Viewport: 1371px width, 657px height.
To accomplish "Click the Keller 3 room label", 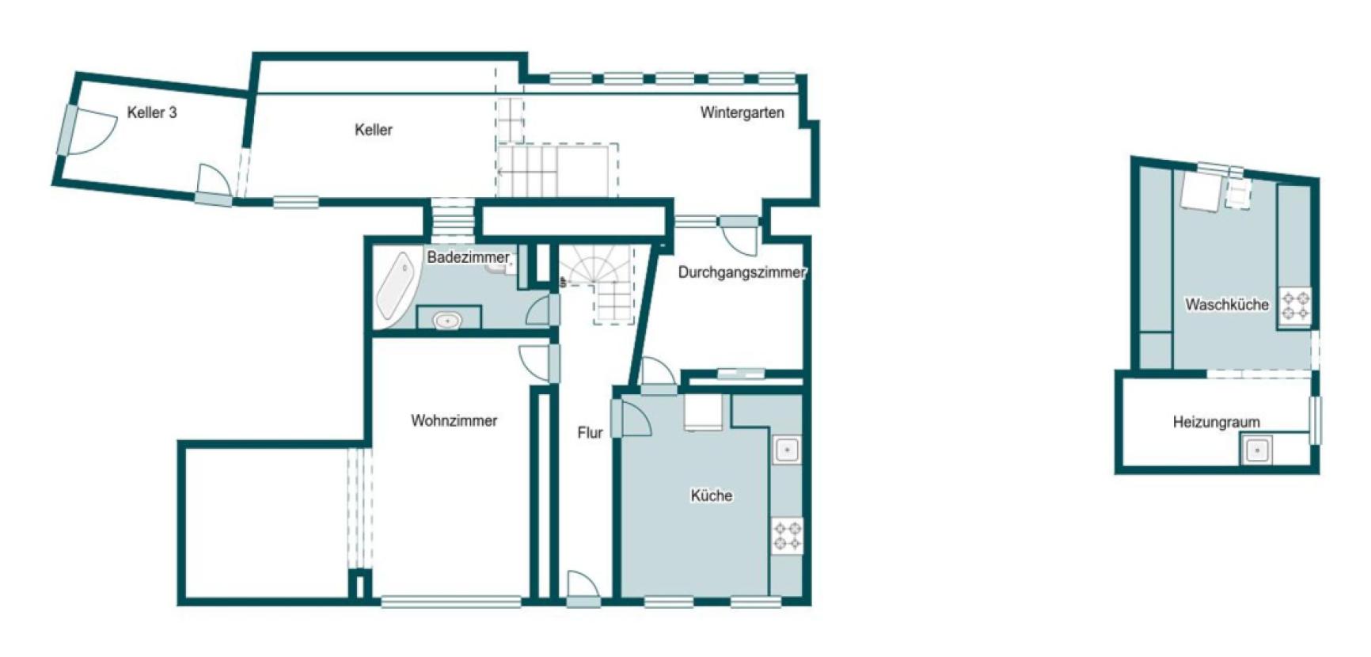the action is pyautogui.click(x=152, y=112).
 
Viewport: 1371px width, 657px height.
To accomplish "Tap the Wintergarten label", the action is pyautogui.click(x=742, y=112).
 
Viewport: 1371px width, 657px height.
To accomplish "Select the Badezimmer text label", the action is pyautogui.click(x=468, y=257).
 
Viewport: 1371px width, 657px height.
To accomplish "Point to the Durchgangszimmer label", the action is pyautogui.click(x=742, y=272).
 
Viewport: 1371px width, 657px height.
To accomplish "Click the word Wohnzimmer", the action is pyautogui.click(x=454, y=420).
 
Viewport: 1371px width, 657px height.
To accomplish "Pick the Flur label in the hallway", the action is pyautogui.click(x=590, y=432).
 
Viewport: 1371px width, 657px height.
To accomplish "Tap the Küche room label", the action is pyautogui.click(x=711, y=496).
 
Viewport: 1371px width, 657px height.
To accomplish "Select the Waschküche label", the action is pyautogui.click(x=1226, y=304).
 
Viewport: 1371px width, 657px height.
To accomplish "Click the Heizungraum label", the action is pyautogui.click(x=1216, y=422).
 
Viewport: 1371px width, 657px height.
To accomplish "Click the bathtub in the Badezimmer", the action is pyautogui.click(x=395, y=287).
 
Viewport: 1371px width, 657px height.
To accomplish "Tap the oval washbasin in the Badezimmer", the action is pyautogui.click(x=447, y=320).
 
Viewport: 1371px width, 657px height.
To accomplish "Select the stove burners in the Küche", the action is pyautogui.click(x=787, y=536).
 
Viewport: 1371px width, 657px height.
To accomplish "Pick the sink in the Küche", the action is pyautogui.click(x=786, y=450).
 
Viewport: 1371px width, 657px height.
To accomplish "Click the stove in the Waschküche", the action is pyautogui.click(x=1296, y=306).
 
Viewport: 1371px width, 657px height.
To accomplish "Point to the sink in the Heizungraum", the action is pyautogui.click(x=1256, y=450).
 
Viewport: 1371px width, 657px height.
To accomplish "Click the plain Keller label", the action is pyautogui.click(x=373, y=130).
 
